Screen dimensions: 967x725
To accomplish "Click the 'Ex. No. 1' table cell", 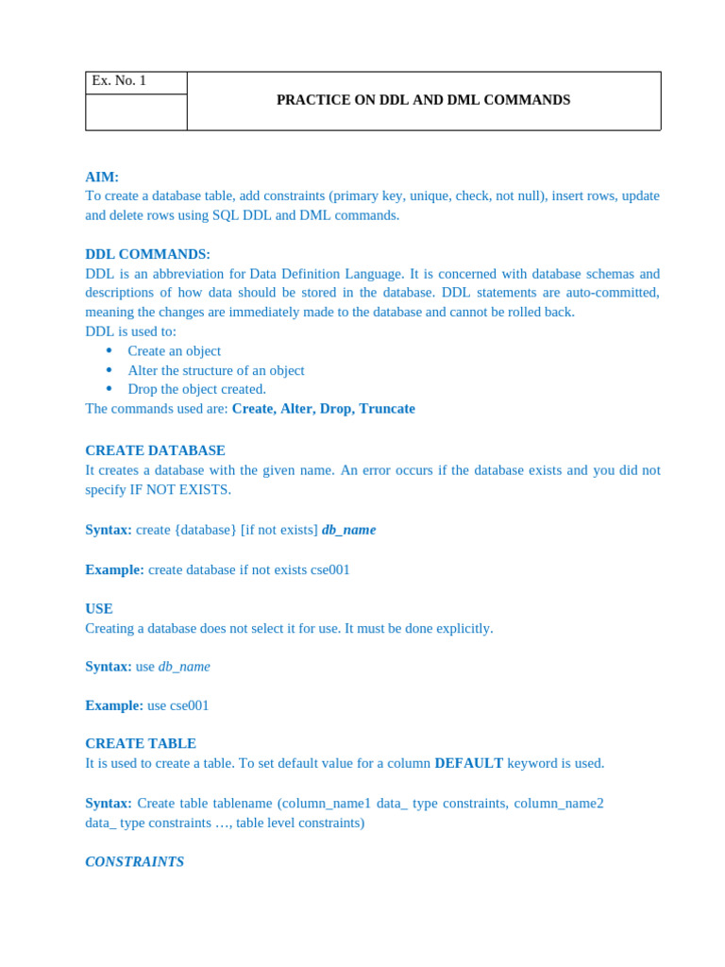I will tap(120, 81).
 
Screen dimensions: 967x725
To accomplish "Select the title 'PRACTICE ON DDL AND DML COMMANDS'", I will tap(423, 100).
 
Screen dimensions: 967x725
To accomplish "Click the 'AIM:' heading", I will tap(102, 177).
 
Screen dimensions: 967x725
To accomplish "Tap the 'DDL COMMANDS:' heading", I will tap(147, 254).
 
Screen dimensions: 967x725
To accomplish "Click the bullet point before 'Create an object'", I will tap(110, 350).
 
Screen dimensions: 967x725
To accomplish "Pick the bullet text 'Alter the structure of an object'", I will tap(216, 370).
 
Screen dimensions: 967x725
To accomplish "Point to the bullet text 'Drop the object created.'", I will tap(197, 389).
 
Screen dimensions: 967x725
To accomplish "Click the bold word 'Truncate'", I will tap(387, 409).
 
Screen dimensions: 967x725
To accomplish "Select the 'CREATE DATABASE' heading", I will tap(155, 450).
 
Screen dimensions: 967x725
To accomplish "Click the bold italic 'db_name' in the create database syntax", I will tap(348, 530).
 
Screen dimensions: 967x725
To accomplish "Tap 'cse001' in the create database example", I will tap(330, 569).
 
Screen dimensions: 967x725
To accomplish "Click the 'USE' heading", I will tap(99, 609).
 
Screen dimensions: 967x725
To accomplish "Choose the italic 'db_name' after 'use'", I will tap(184, 667).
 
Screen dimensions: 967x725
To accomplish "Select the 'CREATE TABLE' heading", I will tap(141, 743).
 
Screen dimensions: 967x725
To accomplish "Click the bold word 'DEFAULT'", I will tap(468, 763).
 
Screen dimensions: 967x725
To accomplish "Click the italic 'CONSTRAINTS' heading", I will tap(135, 861).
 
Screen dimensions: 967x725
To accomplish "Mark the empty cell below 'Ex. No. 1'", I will tap(136, 112).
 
